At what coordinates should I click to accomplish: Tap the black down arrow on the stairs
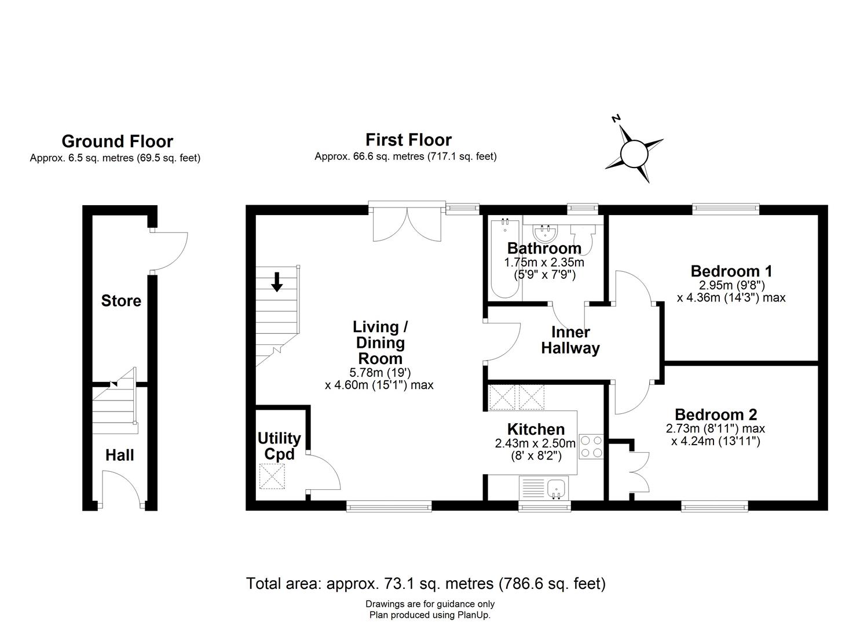[x=277, y=282]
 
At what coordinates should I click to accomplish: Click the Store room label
[x=121, y=301]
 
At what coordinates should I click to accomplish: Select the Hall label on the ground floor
[x=120, y=455]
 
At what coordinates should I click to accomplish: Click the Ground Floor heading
[x=117, y=141]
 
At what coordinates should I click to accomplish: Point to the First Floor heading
[x=408, y=140]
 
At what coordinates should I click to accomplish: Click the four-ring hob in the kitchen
[x=591, y=447]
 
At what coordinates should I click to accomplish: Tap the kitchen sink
[x=558, y=488]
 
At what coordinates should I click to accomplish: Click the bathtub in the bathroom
[x=505, y=257]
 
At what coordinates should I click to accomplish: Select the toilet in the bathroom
[x=583, y=238]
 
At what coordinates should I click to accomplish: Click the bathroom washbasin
[x=545, y=234]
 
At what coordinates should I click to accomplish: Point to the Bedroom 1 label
[x=731, y=271]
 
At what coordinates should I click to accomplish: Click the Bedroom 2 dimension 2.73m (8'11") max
[x=715, y=429]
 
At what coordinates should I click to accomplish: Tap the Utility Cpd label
[x=279, y=446]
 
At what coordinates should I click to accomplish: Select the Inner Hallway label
[x=570, y=340]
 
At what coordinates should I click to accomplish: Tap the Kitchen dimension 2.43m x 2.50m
[x=535, y=443]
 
